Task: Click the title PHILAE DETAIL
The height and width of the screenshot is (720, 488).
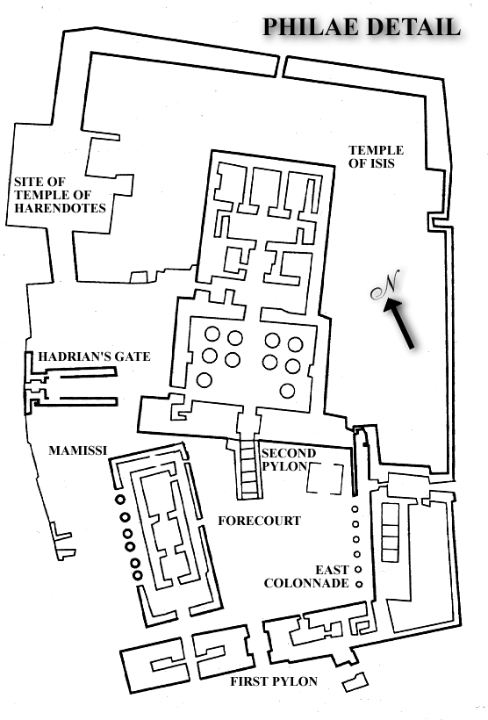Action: [x=362, y=27]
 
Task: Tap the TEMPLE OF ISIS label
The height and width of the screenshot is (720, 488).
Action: [x=376, y=156]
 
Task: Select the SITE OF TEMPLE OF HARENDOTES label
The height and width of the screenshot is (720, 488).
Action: [x=60, y=195]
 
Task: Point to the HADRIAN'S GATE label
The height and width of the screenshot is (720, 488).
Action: [x=94, y=356]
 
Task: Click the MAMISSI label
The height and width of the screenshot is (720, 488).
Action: [x=77, y=450]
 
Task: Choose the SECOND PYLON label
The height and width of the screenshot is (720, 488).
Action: [x=288, y=459]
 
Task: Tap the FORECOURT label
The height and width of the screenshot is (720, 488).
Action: [x=260, y=521]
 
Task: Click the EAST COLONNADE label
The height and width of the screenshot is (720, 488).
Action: [x=306, y=577]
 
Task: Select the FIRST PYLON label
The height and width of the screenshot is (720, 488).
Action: [x=274, y=681]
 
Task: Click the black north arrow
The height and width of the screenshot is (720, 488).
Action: [x=399, y=323]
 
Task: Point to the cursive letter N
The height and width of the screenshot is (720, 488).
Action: [x=385, y=284]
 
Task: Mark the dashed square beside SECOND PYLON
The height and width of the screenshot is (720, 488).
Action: [x=325, y=479]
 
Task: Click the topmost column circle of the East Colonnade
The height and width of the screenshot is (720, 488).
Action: [x=355, y=508]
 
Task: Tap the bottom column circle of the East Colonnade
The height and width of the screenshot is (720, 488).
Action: [x=360, y=585]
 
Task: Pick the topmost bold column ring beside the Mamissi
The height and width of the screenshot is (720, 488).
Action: [x=120, y=500]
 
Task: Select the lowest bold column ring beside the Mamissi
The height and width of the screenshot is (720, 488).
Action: [x=137, y=575]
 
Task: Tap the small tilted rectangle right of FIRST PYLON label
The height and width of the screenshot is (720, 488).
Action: [x=355, y=682]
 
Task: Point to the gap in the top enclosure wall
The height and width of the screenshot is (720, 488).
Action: [x=281, y=66]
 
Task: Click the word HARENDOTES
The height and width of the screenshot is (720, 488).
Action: [x=61, y=208]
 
